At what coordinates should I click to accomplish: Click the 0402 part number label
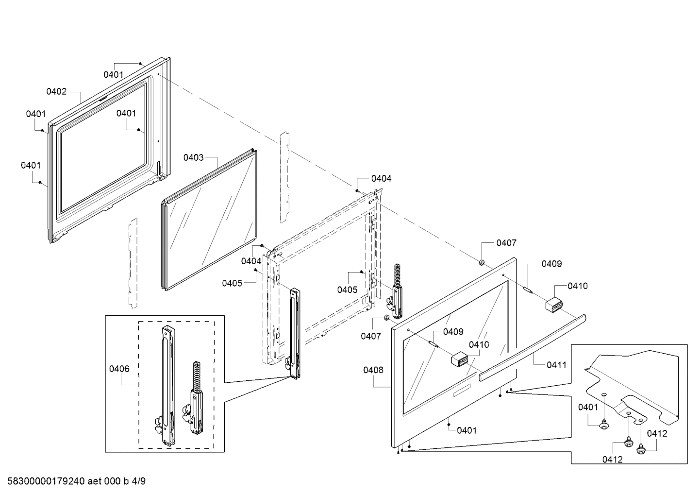pyautogui.click(x=56, y=91)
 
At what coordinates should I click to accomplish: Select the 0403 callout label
pyautogui.click(x=193, y=157)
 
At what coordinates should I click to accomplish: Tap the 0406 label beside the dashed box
pyautogui.click(x=119, y=369)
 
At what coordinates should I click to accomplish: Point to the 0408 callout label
pyautogui.click(x=373, y=370)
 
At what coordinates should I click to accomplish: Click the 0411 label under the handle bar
pyautogui.click(x=556, y=365)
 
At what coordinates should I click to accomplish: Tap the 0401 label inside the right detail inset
pyautogui.click(x=588, y=407)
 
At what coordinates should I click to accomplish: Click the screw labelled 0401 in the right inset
pyautogui.click(x=604, y=426)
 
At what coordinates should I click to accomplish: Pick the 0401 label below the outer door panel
pyautogui.click(x=467, y=430)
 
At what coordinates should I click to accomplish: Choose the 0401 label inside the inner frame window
pyautogui.click(x=126, y=113)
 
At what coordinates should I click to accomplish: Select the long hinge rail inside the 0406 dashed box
pyautogui.click(x=167, y=384)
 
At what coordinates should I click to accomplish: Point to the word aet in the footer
pyautogui.click(x=95, y=481)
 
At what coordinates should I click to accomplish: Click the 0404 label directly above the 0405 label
pyautogui.click(x=251, y=261)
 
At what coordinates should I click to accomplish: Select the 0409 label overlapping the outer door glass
pyautogui.click(x=453, y=332)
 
